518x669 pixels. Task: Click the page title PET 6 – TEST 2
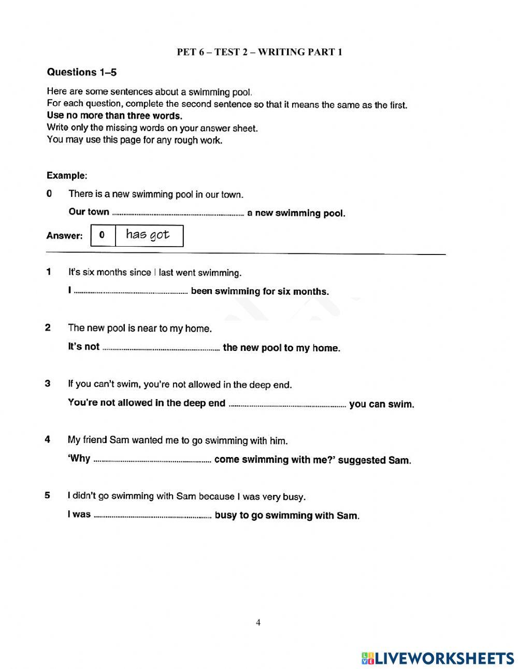pyautogui.click(x=260, y=52)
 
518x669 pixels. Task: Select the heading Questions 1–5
pyautogui.click(x=81, y=72)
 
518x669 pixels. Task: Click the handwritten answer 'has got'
pyautogui.click(x=148, y=235)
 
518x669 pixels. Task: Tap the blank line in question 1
pyautogui.click(x=131, y=292)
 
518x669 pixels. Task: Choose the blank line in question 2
pyautogui.click(x=161, y=349)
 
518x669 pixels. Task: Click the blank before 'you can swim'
pyautogui.click(x=287, y=405)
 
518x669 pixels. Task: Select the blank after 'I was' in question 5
pyautogui.click(x=152, y=516)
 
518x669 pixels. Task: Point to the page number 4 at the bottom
pyautogui.click(x=258, y=622)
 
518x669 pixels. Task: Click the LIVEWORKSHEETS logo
pyautogui.click(x=438, y=658)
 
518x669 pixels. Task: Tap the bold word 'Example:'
pyautogui.click(x=67, y=175)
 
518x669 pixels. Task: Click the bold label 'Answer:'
pyautogui.click(x=64, y=236)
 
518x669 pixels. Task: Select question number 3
pyautogui.click(x=48, y=383)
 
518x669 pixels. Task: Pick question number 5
pyautogui.click(x=48, y=495)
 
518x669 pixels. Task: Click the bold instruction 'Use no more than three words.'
pyautogui.click(x=114, y=116)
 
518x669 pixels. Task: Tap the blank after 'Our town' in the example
pyautogui.click(x=178, y=213)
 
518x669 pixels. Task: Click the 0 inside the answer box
pyautogui.click(x=102, y=235)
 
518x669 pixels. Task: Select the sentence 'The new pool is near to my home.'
pyautogui.click(x=140, y=328)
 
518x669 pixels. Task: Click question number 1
pyautogui.click(x=48, y=272)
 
